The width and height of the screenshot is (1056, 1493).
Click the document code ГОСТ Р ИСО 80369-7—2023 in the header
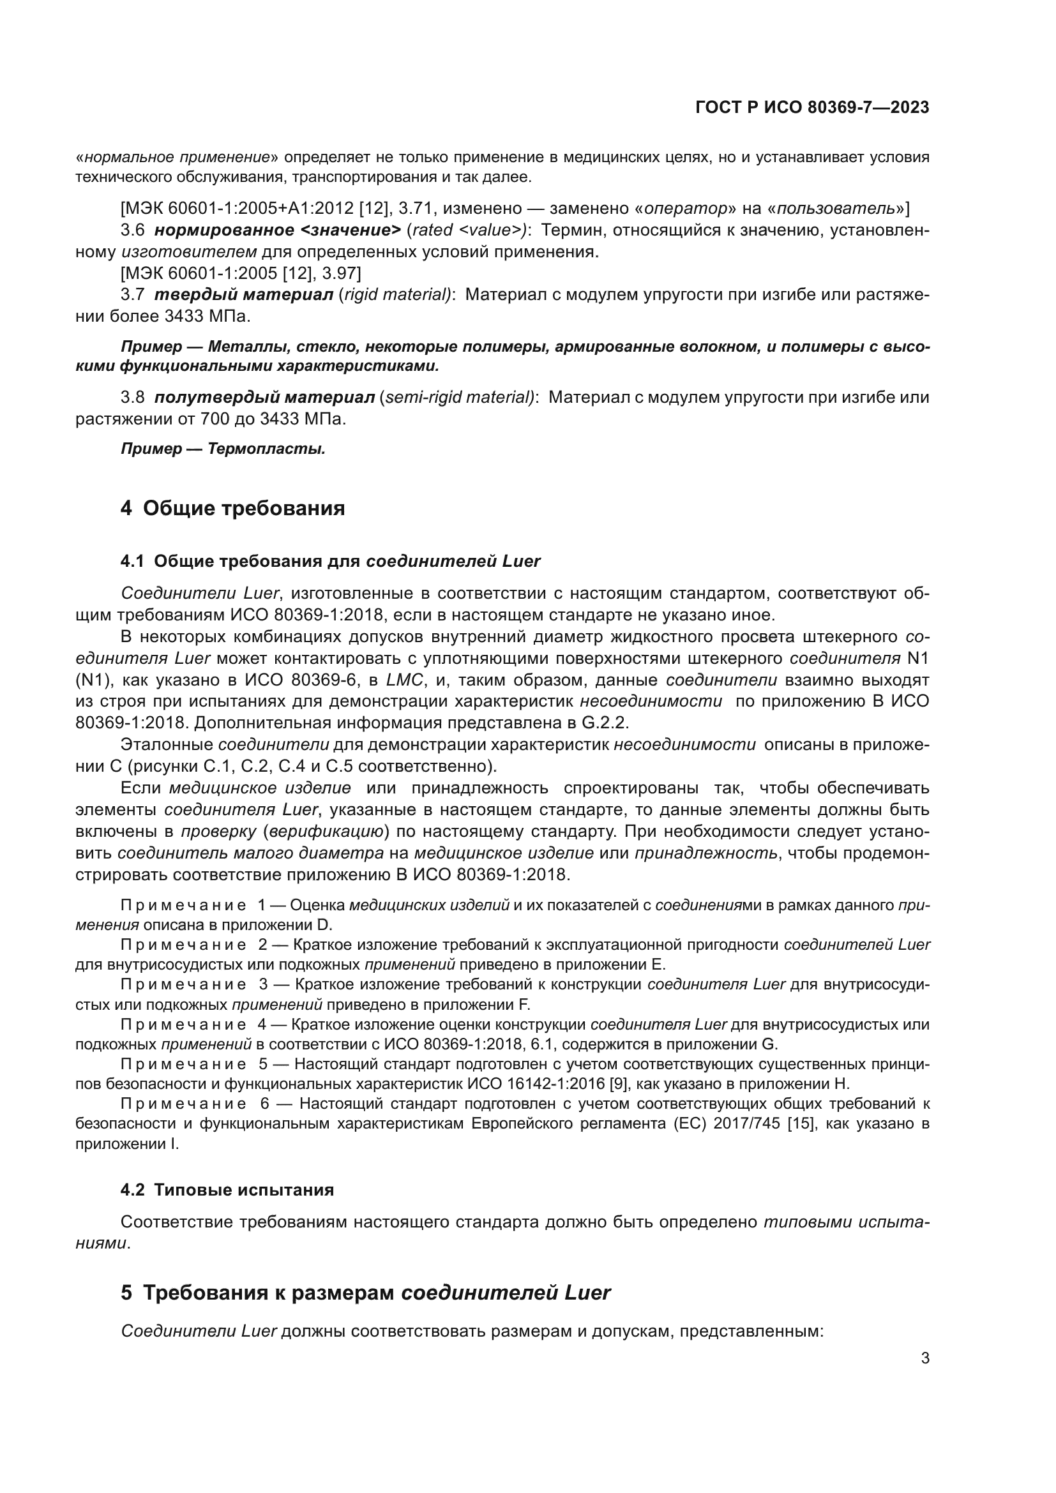tap(811, 107)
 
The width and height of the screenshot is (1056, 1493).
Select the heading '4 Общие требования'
tap(232, 508)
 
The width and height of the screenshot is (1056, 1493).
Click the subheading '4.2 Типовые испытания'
tap(227, 1190)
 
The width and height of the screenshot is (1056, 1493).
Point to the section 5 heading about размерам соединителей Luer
tap(365, 1293)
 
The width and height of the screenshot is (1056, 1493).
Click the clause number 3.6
tap(133, 230)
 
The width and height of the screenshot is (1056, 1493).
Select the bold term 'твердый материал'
tap(244, 294)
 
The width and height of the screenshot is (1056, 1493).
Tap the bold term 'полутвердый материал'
tap(265, 396)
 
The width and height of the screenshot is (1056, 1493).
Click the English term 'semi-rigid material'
tap(459, 396)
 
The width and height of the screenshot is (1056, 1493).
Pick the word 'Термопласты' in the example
tap(267, 449)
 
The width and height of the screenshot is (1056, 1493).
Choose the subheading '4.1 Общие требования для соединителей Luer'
tap(330, 561)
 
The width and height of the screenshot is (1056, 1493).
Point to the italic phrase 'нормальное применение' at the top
tap(177, 158)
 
